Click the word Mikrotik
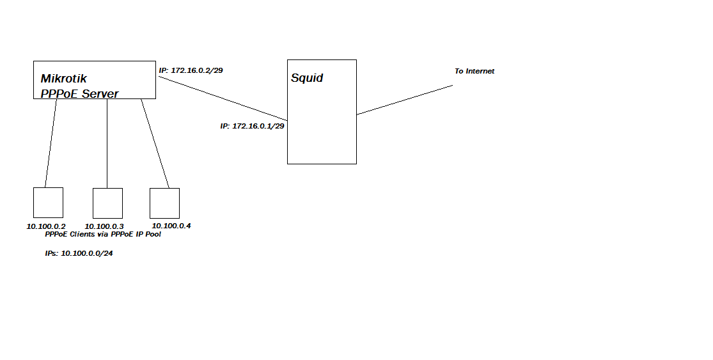pos(64,79)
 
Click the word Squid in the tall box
pos(307,78)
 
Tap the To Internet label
pos(474,71)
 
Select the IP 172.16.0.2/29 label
pos(191,70)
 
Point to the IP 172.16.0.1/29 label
pos(252,126)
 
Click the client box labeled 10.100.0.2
pos(48,203)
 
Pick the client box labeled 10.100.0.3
pos(107,203)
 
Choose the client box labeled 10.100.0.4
pos(164,203)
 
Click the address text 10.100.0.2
pos(45,226)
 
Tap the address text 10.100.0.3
pos(104,226)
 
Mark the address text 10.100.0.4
pos(171,226)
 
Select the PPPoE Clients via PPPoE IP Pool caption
pos(103,235)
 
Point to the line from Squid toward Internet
pos(404,100)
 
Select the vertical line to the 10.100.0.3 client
pos(107,143)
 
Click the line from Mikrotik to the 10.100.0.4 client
pos(155,143)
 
